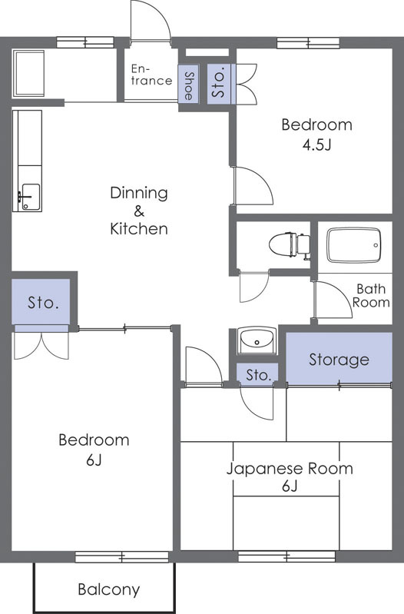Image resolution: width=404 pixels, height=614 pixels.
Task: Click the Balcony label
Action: (x=109, y=589)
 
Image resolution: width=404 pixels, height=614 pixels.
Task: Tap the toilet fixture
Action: (x=290, y=244)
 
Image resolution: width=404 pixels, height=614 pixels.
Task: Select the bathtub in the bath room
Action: (x=354, y=245)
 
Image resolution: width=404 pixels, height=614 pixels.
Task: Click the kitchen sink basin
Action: (x=30, y=197)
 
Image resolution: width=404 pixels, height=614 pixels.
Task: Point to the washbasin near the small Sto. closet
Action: (x=257, y=340)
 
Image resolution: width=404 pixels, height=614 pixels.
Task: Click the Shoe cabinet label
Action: (x=189, y=86)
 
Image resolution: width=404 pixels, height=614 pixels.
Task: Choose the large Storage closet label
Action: (x=339, y=360)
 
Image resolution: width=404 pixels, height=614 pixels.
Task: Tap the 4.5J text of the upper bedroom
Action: (x=316, y=145)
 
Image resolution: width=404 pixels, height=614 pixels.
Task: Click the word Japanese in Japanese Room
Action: (x=265, y=469)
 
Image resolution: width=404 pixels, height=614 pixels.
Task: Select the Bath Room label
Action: (x=371, y=296)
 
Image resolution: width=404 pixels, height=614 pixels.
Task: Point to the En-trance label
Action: (x=151, y=75)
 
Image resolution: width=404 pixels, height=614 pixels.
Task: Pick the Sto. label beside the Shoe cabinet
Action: (x=219, y=84)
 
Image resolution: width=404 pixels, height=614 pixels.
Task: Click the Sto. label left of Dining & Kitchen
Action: (x=43, y=303)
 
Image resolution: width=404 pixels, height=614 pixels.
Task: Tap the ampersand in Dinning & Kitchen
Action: (x=139, y=211)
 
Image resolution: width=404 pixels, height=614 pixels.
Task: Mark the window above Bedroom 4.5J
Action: (x=308, y=43)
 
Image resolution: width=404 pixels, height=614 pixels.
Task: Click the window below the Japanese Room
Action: (x=287, y=556)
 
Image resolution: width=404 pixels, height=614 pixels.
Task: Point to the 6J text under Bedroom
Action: (x=94, y=460)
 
